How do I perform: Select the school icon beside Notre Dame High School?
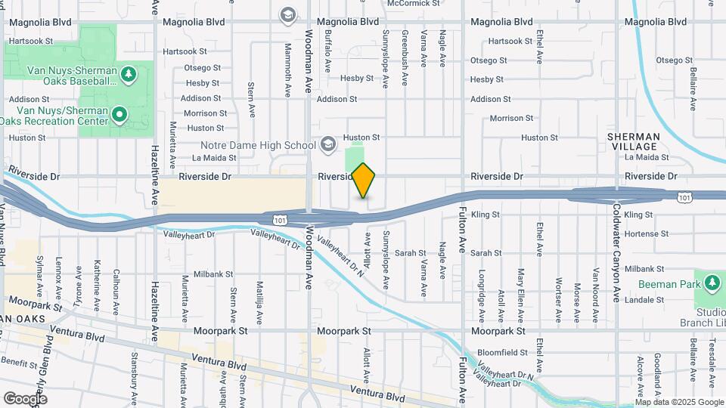point(328,144)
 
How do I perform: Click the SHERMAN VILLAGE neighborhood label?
point(634,141)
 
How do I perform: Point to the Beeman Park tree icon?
point(711,284)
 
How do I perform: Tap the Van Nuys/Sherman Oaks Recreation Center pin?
point(119,116)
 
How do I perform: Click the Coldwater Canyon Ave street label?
point(617,253)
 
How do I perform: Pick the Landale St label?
point(644,300)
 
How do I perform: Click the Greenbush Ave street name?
point(405,46)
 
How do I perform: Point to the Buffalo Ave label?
point(328,51)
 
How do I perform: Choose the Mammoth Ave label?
point(288,71)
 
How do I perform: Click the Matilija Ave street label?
point(259,296)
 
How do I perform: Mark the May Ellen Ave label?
point(520,287)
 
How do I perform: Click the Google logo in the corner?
point(26,398)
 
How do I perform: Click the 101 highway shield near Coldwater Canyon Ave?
point(684,198)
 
